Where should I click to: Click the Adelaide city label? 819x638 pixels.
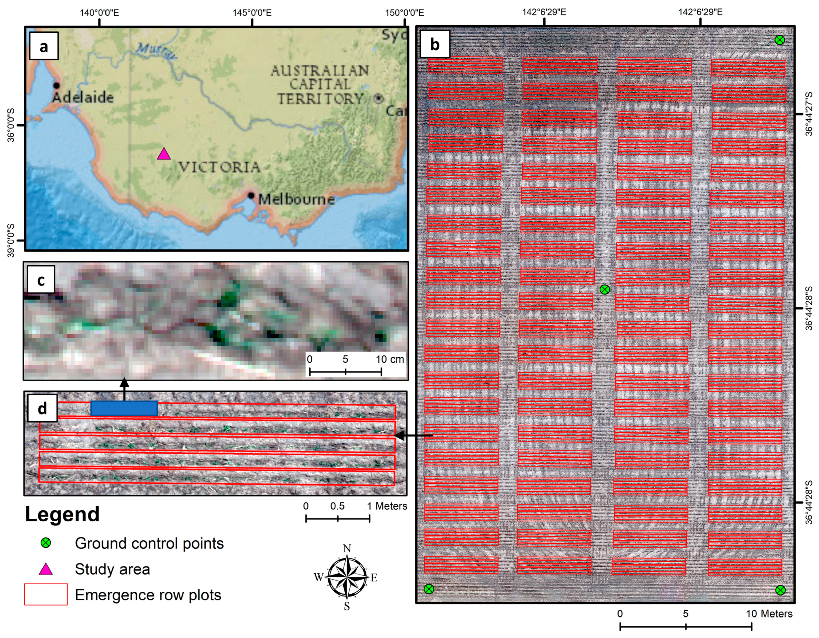[83, 97]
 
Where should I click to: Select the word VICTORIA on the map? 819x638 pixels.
[219, 167]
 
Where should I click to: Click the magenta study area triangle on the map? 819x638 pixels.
[164, 154]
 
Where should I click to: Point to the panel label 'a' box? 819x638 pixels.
[44, 46]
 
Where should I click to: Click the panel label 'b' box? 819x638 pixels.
[435, 44]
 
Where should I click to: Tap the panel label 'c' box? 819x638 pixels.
[41, 280]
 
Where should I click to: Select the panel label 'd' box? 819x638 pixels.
[42, 408]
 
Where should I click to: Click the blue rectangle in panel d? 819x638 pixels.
[124, 408]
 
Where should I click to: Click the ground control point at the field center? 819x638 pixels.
[604, 289]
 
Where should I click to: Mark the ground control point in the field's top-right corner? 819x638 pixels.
[780, 40]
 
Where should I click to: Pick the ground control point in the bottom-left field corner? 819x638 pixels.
[429, 589]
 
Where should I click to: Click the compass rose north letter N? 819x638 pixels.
[347, 548]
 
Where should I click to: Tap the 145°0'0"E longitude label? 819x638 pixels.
[252, 12]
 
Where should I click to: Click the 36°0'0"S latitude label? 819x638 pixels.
[11, 125]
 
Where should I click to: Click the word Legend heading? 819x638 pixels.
[62, 514]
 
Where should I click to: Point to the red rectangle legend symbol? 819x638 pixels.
[46, 594]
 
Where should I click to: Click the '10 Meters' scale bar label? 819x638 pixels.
[769, 614]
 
